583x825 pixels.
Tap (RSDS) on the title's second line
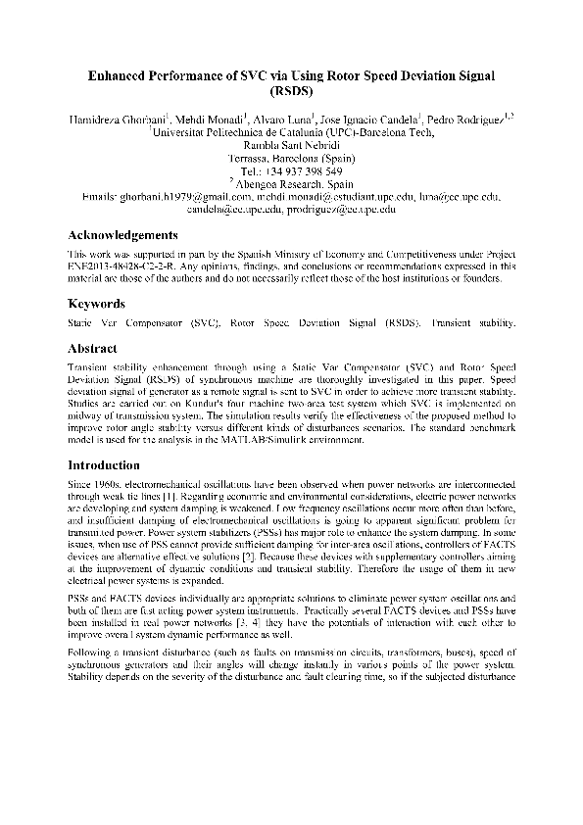tap(291, 93)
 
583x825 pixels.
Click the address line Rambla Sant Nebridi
tap(291, 145)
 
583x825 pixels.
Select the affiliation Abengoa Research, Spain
tap(294, 183)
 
